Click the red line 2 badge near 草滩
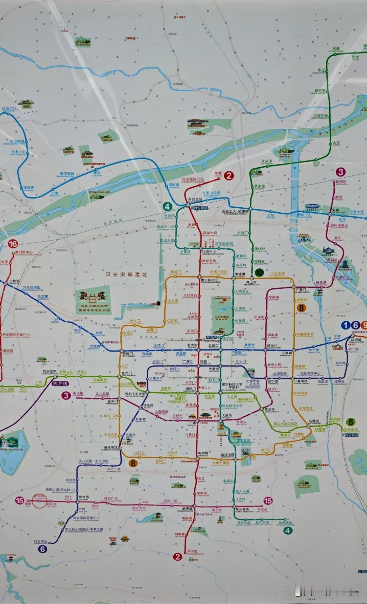pos(229,175)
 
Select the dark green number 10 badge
pos(259,272)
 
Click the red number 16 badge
pos(13,244)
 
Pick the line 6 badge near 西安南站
pos(42,549)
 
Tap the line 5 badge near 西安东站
pos(351,422)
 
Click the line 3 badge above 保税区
pos(341,172)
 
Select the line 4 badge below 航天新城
pos(288,530)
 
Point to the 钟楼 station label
pos(203,362)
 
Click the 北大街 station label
pos(192,345)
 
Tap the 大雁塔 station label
pos(227,415)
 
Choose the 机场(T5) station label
pos(9,109)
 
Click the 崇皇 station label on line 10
pos(336,49)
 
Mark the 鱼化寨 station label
pos(78,394)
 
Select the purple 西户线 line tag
pos(60,384)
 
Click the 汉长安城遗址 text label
pos(126,274)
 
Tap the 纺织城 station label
pos(356,339)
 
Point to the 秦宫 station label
pos(97,173)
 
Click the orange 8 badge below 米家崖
pos(301,308)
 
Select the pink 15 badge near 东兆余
pos(268,501)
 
